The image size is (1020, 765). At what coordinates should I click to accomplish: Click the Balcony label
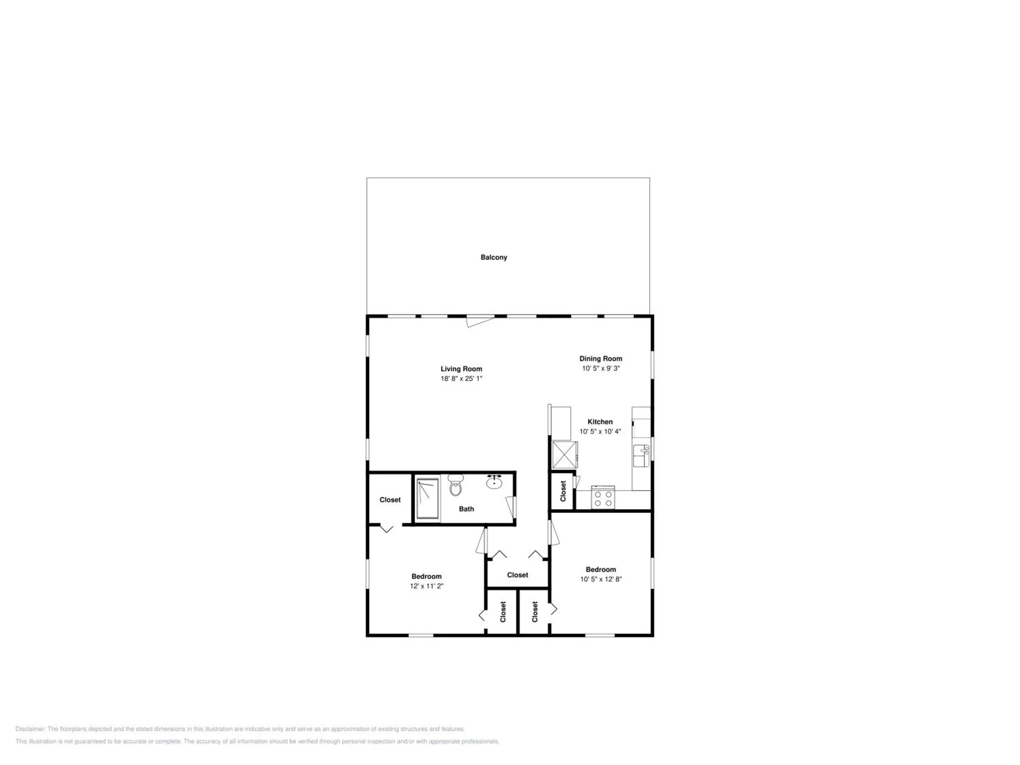(494, 257)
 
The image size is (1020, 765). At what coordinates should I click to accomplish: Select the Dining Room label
(601, 358)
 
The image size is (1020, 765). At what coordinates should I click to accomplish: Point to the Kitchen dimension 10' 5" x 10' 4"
(600, 431)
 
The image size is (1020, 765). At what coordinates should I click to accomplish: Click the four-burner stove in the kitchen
(603, 497)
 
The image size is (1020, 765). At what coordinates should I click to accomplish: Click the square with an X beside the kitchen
(564, 455)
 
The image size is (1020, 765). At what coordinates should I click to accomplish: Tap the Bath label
(466, 509)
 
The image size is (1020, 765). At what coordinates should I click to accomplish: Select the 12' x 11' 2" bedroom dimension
(427, 586)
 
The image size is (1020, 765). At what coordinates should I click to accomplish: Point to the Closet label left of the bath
(390, 500)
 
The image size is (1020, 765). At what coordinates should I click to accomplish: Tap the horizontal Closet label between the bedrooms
(517, 575)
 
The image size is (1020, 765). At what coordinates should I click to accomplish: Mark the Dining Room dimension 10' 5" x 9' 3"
(601, 369)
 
